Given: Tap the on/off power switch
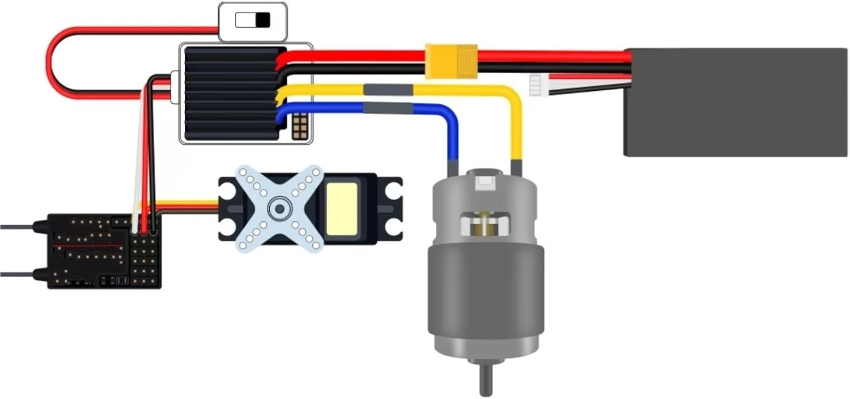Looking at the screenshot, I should [x=253, y=21].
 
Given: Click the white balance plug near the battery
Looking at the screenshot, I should [x=535, y=86].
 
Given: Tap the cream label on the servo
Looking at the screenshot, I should [x=342, y=208].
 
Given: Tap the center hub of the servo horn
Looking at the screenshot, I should [x=279, y=209].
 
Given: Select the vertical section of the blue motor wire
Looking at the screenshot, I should [x=453, y=139].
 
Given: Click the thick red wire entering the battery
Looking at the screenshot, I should [x=567, y=56].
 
